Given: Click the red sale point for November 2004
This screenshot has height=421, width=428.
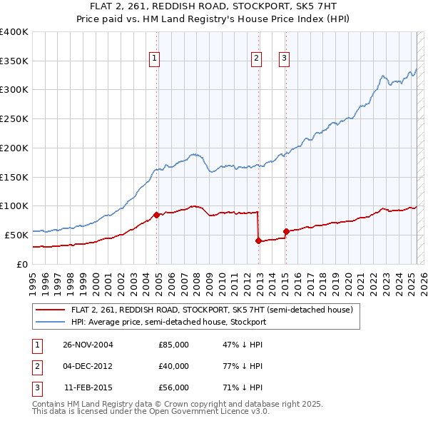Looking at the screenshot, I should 156,214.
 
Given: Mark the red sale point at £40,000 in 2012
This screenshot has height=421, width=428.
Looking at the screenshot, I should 258,240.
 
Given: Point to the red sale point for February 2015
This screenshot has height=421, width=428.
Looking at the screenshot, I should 285,231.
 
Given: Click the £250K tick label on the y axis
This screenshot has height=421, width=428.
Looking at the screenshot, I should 14,118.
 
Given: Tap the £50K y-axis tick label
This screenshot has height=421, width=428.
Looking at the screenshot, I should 17,235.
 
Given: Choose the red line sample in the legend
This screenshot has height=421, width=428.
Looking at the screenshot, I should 51,310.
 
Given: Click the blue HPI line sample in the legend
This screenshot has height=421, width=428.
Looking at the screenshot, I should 51,322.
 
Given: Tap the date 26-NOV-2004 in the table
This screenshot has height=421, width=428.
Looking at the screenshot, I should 88,345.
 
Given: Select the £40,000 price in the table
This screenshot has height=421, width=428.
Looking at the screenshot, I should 173,366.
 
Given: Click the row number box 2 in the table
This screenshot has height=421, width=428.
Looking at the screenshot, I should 35,366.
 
